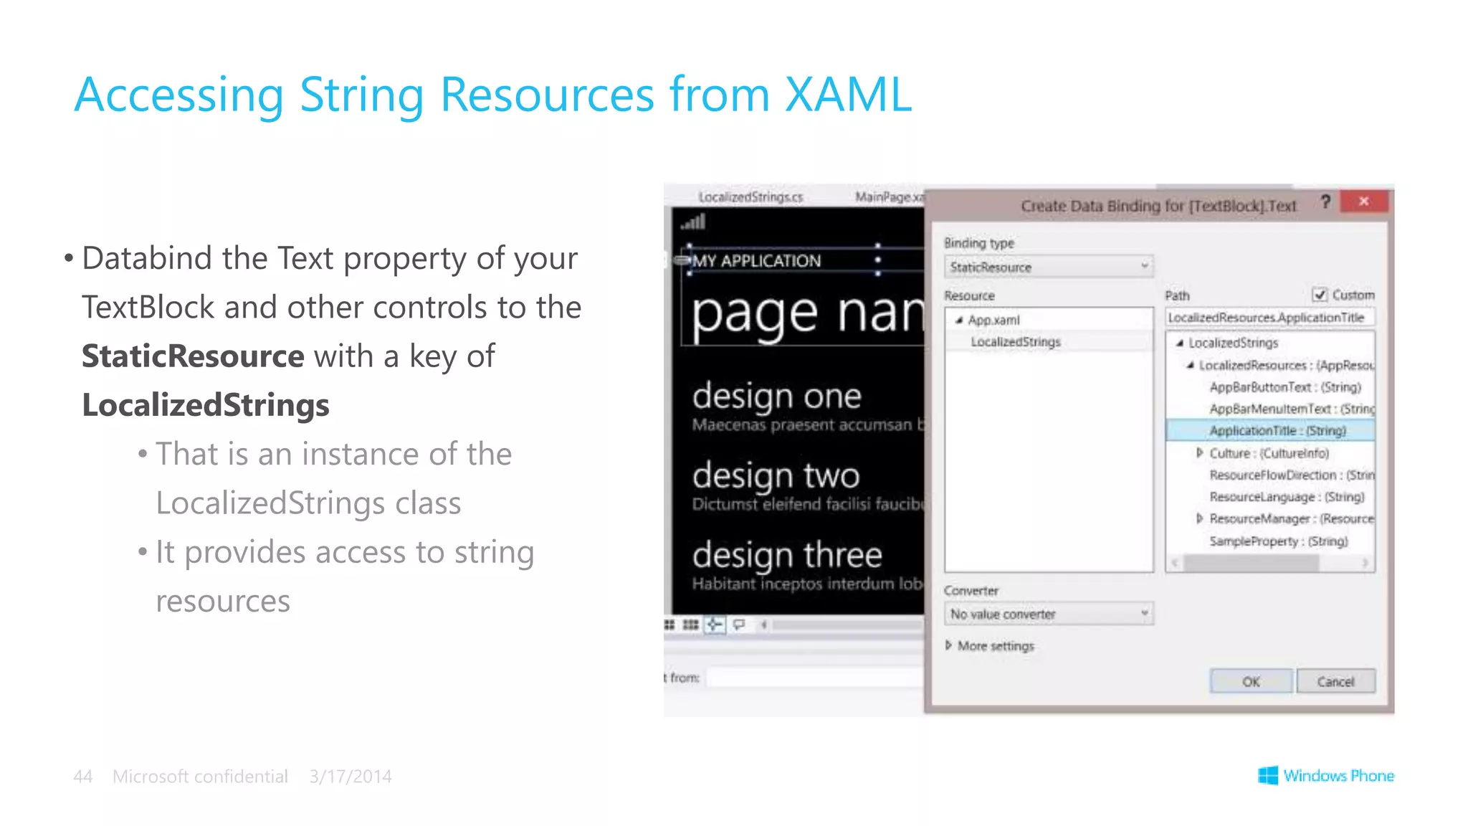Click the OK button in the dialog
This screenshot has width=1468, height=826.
click(x=1251, y=681)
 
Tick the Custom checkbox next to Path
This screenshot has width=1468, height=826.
click(x=1320, y=295)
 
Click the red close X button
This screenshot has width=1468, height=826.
click(x=1363, y=201)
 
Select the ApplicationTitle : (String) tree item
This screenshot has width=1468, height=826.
click(x=1277, y=430)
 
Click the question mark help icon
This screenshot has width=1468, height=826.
click(x=1325, y=202)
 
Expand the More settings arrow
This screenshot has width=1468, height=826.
click(x=949, y=645)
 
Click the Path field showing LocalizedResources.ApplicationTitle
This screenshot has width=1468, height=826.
click(x=1269, y=318)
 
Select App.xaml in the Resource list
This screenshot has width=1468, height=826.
click(x=993, y=320)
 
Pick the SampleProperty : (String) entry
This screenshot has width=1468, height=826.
click(x=1278, y=541)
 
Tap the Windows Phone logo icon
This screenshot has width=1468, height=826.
click(x=1268, y=775)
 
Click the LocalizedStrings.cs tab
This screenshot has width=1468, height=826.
click(x=750, y=196)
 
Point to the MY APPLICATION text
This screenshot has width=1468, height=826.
click(x=756, y=261)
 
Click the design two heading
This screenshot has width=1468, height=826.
click(x=776, y=475)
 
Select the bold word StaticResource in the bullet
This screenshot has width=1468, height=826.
click(x=193, y=356)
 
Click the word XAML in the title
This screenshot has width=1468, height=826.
click(x=848, y=94)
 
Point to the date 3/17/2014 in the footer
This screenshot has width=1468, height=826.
click(x=351, y=777)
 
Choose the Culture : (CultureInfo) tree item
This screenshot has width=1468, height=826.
click(x=1269, y=453)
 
